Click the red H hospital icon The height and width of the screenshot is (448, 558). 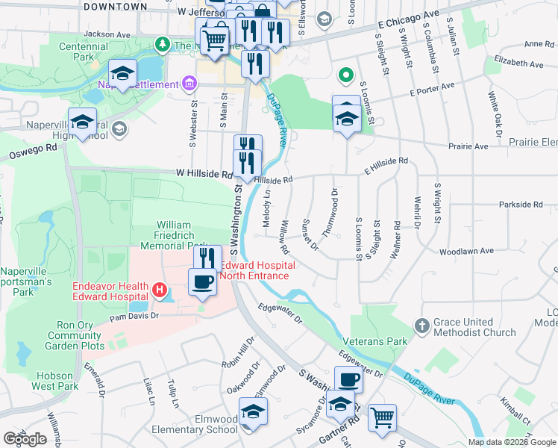158,289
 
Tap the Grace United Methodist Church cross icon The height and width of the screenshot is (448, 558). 422,326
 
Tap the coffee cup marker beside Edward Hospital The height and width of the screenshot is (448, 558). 204,282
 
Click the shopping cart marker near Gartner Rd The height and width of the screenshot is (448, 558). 382,417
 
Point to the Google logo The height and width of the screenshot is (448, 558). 25,439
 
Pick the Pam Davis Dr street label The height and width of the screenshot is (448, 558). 135,316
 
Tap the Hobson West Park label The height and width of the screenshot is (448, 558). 54,381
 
